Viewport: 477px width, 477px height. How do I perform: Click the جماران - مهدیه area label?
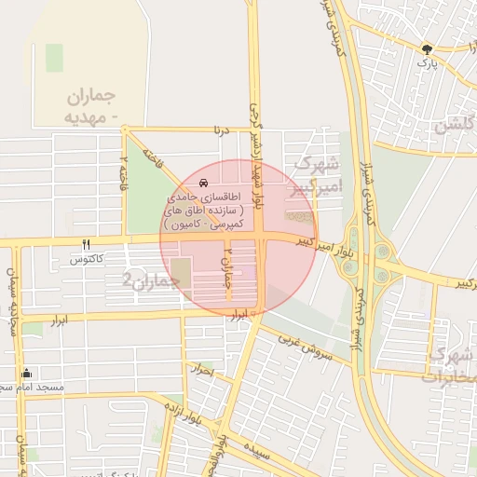click(90, 105)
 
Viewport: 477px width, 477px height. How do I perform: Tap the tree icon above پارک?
click(428, 48)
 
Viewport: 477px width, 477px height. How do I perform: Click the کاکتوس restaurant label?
click(87, 259)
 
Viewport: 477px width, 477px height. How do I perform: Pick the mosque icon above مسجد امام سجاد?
click(26, 373)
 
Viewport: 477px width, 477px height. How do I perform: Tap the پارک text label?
click(427, 63)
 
